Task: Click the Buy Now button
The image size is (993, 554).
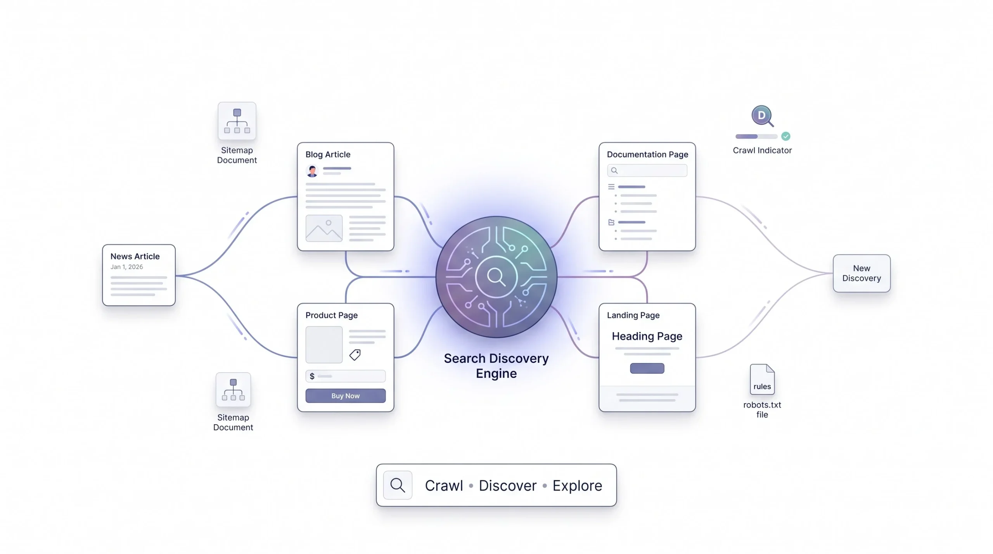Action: tap(345, 395)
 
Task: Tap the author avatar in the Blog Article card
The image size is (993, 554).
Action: tap(312, 171)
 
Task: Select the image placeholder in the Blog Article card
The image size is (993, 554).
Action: tap(324, 228)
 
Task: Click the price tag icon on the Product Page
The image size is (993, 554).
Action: tap(355, 354)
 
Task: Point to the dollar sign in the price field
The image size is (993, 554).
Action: tap(312, 376)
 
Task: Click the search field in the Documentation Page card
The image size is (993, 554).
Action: tap(647, 170)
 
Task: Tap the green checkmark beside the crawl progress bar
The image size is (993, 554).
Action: tap(785, 136)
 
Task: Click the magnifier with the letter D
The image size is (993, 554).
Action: tap(762, 116)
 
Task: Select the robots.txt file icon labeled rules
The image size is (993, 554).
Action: tap(762, 379)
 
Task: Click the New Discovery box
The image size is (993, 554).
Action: tap(862, 273)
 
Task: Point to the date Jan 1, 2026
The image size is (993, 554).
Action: tap(126, 267)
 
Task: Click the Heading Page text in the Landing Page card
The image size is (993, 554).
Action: tap(647, 336)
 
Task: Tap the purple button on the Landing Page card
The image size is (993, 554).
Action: tap(647, 368)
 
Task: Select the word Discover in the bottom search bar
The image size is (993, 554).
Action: tap(508, 485)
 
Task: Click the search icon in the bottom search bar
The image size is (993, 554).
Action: tap(398, 485)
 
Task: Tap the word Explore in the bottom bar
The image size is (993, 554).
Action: tap(577, 485)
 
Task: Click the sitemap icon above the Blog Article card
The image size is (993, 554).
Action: tap(237, 121)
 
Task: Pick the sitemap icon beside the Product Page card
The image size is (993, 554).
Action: tap(233, 390)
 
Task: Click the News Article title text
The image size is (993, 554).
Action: tap(135, 256)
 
